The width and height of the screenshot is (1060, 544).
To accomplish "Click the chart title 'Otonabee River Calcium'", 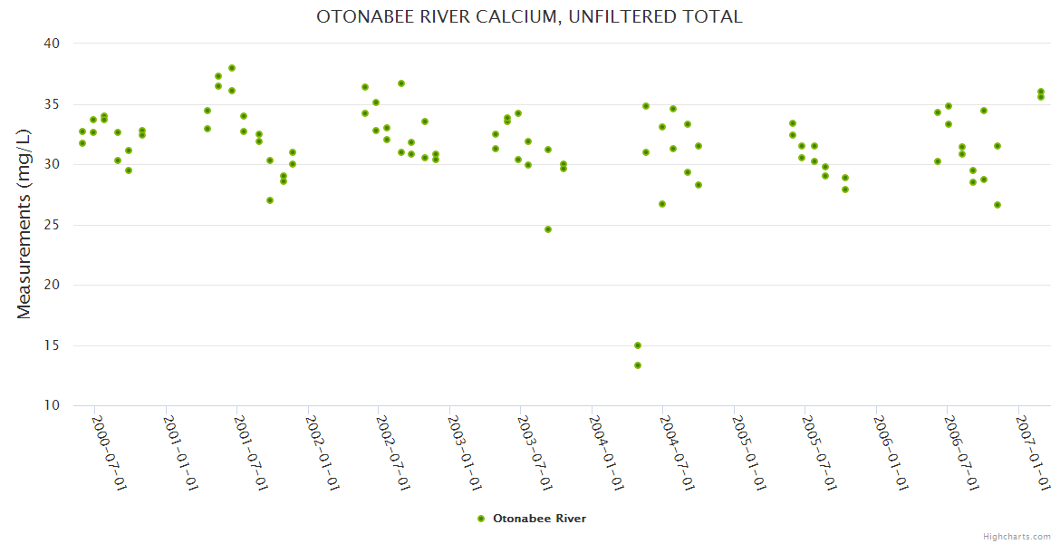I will tap(529, 16).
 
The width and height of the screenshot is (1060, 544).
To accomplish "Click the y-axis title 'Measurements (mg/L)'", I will tap(24, 224).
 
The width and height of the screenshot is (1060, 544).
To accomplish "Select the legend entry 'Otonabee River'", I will tap(539, 519).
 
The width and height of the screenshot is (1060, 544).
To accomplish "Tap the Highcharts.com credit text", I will tap(1017, 536).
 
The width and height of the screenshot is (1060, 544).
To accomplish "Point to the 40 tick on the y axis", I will tap(51, 44).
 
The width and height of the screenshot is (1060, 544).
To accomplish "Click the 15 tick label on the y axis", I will tap(51, 345).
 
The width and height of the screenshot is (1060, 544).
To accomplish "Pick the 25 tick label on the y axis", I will tap(51, 225).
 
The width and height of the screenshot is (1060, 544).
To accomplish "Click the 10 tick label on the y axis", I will tap(51, 405).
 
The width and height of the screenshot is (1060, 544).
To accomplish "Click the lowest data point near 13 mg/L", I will tap(638, 365).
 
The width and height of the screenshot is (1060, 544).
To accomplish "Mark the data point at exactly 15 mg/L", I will tap(638, 345).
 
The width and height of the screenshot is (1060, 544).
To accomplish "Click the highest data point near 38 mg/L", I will tap(232, 68).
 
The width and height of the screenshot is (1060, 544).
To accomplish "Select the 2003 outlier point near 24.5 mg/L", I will tap(548, 229).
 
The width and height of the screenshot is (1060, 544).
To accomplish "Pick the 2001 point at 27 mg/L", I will tap(270, 200).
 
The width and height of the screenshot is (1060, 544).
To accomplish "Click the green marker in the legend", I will tap(481, 519).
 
